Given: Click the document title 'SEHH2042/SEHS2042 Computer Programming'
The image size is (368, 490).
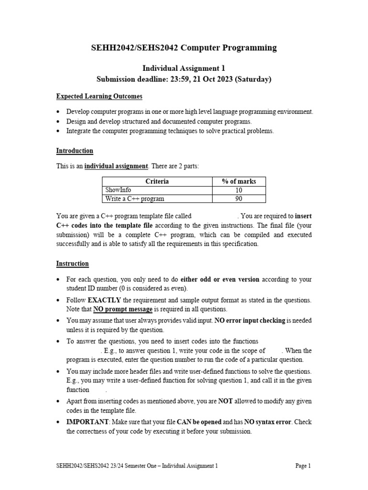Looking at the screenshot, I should point(184,47).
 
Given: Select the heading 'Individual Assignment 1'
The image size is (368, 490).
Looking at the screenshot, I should point(184,68).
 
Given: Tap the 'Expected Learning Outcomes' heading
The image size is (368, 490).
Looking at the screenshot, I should point(99,96).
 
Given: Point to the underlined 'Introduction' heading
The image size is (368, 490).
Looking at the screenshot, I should point(75,151).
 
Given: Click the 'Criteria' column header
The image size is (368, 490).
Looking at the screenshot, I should point(157,181).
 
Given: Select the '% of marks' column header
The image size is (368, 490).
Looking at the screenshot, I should point(239,181).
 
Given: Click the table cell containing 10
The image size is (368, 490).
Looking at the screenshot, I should point(239,190).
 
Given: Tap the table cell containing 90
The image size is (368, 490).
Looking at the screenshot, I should point(239,199).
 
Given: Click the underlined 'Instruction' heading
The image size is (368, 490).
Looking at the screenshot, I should point(72,264).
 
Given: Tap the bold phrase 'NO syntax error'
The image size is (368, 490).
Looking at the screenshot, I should point(269,423).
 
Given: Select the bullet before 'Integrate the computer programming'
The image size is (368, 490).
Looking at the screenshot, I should point(58,131).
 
